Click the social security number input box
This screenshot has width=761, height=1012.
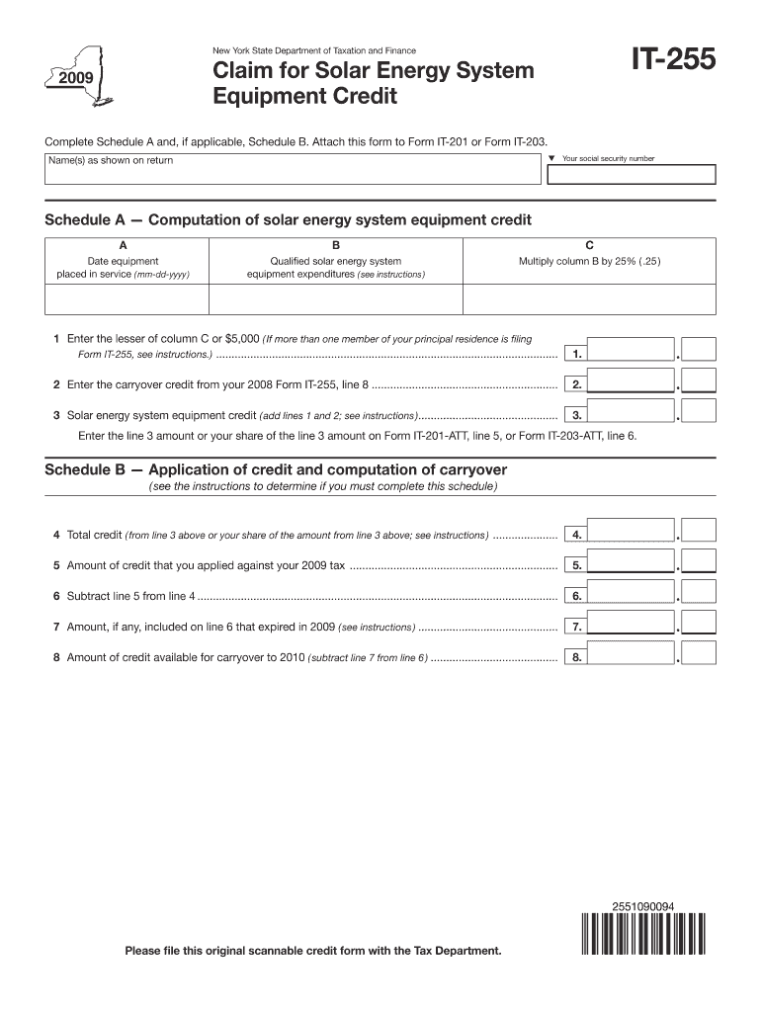tap(630, 175)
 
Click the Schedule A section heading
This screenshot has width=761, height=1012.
tap(288, 218)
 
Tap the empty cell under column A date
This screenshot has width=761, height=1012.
tap(127, 299)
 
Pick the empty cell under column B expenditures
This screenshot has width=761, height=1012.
tap(336, 299)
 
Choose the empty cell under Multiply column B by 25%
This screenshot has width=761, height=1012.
tap(589, 299)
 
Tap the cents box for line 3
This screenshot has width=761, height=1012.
tap(699, 414)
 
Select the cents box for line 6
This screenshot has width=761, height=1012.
tap(699, 595)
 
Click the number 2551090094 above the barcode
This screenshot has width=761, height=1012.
tap(643, 904)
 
